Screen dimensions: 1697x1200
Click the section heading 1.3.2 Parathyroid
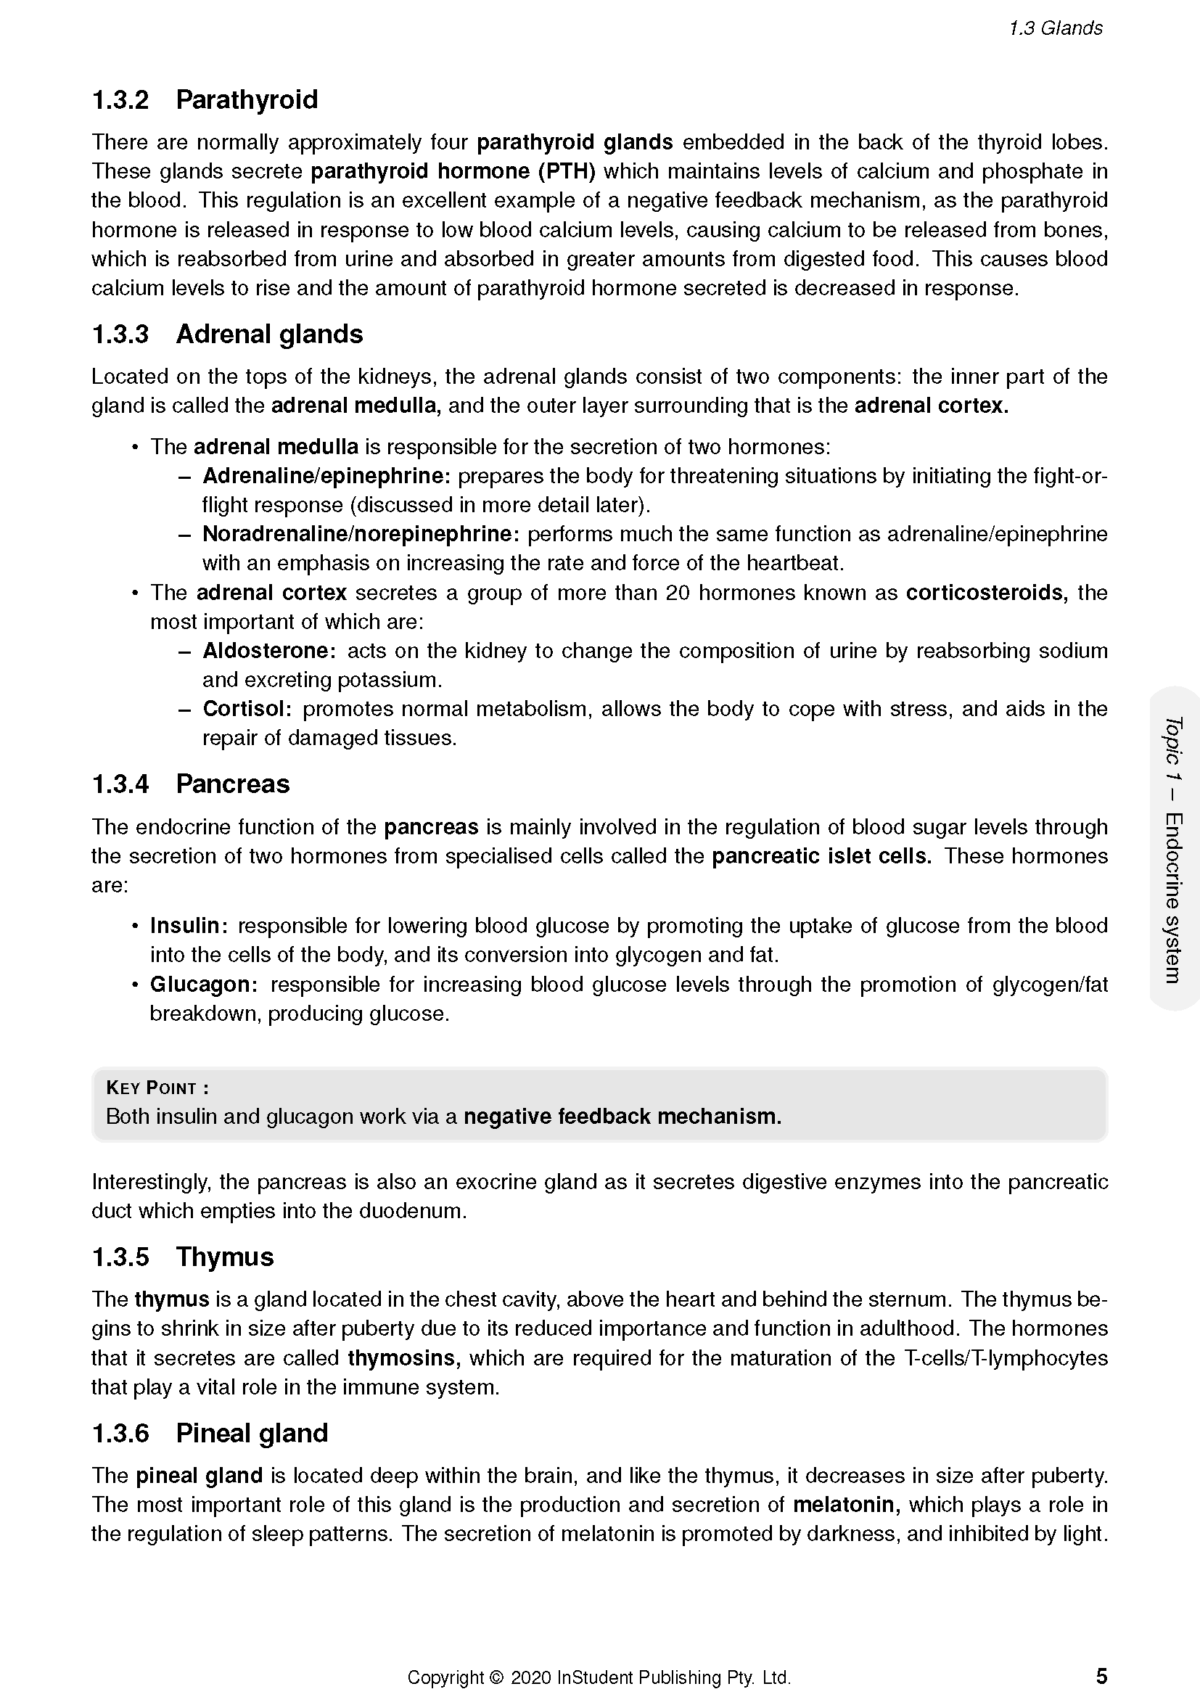coord(205,100)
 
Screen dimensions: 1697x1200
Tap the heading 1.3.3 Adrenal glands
coord(227,334)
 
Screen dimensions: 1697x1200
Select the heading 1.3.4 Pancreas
coord(190,784)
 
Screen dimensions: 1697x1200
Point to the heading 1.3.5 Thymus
coord(183,1257)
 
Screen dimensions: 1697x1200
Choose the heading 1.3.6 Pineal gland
coord(209,1433)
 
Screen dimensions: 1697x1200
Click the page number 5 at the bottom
coord(1101,1675)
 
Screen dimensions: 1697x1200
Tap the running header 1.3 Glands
coord(1055,28)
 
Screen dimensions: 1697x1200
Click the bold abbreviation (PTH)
coord(566,171)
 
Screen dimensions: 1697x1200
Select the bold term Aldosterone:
coord(270,650)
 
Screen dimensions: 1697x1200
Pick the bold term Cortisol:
coord(247,709)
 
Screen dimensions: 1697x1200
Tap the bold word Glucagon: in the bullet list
coord(203,985)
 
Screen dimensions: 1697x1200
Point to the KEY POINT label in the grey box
coord(157,1088)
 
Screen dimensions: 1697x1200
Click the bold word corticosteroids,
coord(987,593)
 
